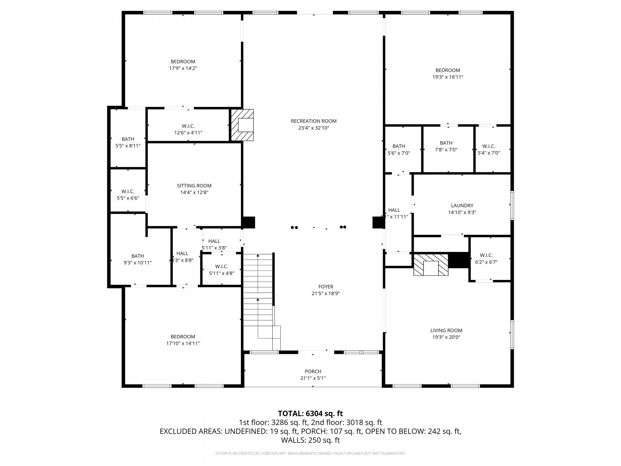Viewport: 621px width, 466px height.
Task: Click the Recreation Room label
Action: (313, 121)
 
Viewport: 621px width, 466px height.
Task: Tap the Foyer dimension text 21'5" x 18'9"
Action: (325, 294)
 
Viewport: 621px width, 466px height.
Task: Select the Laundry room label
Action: (462, 206)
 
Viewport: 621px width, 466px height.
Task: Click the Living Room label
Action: (446, 330)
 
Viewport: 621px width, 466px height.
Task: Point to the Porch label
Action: (313, 372)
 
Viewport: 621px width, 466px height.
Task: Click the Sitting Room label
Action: (194, 186)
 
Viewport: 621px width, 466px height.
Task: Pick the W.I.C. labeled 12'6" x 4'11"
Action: (188, 129)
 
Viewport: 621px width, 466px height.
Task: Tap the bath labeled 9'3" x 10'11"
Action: (137, 259)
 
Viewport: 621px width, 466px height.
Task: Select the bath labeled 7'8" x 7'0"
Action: (446, 146)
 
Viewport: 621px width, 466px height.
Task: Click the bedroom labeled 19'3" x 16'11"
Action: (448, 73)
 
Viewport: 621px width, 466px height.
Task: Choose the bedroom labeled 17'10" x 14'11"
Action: (183, 340)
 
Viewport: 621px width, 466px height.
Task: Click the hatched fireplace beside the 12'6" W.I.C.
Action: (242, 125)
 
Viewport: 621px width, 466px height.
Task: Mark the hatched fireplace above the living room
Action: (431, 265)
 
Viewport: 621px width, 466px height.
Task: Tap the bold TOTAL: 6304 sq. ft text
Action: (310, 413)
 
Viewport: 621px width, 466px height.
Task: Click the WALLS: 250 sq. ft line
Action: (310, 440)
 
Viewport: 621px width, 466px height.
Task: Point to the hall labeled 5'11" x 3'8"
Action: (214, 244)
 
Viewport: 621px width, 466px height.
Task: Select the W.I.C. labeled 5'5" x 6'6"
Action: (128, 195)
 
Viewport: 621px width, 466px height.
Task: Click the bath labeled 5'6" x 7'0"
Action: (398, 150)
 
